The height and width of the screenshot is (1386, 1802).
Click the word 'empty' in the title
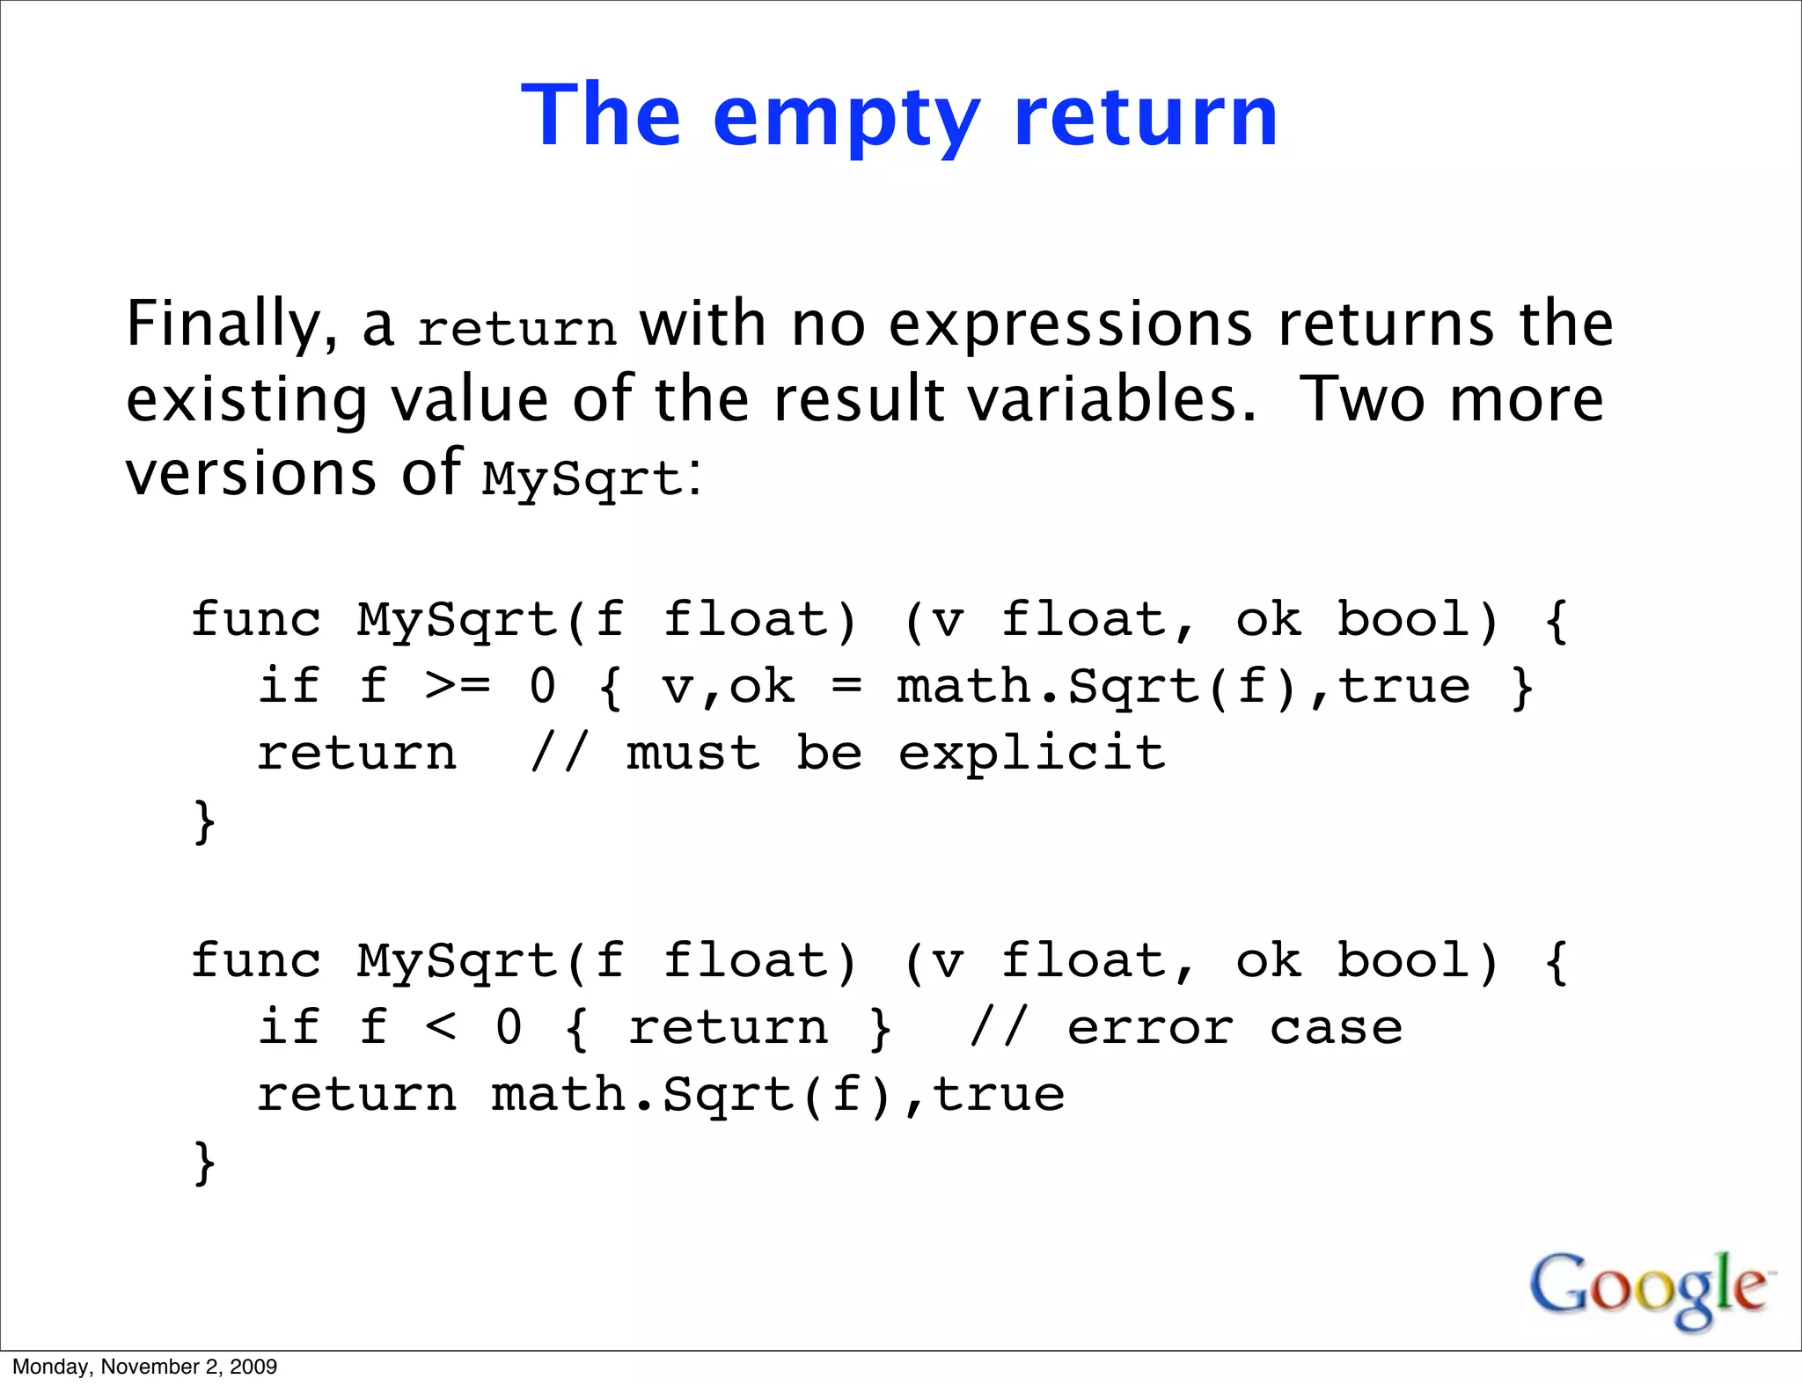point(846,119)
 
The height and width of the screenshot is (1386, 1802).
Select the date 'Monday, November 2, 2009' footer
point(145,1367)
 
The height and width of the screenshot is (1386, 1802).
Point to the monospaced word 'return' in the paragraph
point(517,329)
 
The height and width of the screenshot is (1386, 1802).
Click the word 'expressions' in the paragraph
point(1070,325)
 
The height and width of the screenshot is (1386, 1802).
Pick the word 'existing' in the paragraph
point(246,401)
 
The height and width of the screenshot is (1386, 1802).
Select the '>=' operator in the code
point(457,686)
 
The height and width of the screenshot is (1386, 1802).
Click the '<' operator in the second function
point(440,1027)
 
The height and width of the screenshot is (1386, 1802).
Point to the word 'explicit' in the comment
point(1031,754)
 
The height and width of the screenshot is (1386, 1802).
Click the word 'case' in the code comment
point(1336,1027)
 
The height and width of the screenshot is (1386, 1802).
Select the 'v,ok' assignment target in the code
point(728,686)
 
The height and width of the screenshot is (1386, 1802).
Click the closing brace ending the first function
point(204,821)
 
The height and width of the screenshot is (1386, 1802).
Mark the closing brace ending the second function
point(204,1163)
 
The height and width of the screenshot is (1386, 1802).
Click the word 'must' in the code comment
point(693,754)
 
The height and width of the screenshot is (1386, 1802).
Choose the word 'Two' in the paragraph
point(1360,399)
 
